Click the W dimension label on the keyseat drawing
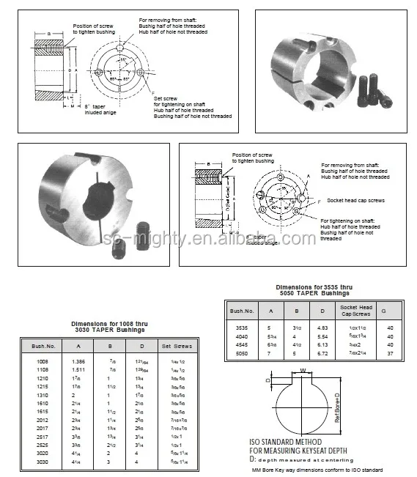(x=302, y=371)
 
